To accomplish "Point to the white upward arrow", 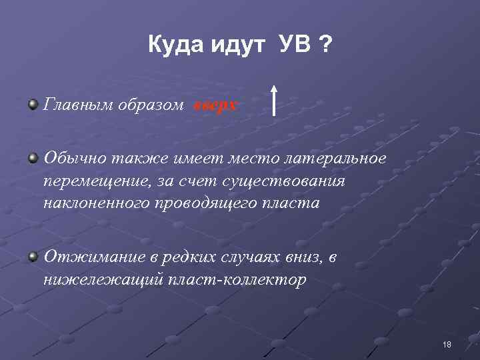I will click(x=274, y=101).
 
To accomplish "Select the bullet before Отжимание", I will click(x=33, y=257).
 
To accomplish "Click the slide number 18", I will click(x=447, y=344).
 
